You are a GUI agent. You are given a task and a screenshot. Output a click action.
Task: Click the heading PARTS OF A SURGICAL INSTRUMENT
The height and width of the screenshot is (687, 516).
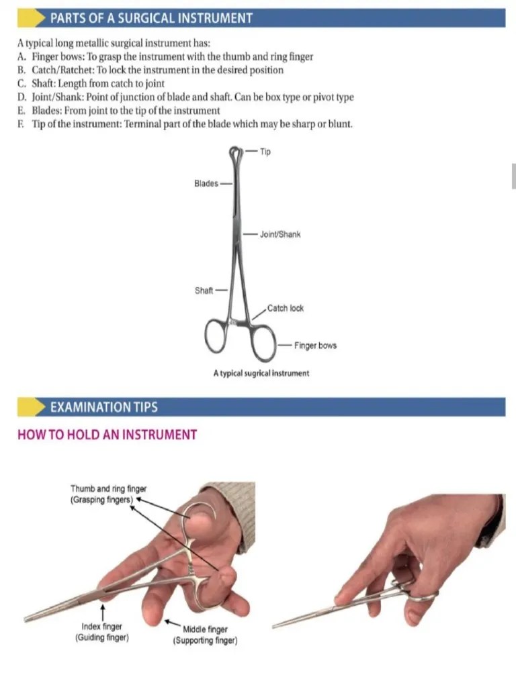click(152, 18)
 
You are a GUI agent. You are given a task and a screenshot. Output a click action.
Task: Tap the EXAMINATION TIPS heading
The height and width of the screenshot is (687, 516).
click(104, 407)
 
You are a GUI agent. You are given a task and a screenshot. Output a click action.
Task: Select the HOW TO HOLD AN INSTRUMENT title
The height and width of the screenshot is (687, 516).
click(107, 435)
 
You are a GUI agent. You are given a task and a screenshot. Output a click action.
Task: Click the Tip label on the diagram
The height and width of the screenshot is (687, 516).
click(265, 152)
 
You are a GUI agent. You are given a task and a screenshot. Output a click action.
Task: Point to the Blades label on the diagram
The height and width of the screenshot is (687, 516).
click(206, 183)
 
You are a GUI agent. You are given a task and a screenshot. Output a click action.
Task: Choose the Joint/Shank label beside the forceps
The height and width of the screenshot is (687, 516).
click(279, 235)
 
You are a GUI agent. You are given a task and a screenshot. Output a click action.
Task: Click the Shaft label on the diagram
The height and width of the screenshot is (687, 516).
click(204, 290)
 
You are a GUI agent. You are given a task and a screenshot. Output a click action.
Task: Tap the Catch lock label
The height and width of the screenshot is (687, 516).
click(285, 309)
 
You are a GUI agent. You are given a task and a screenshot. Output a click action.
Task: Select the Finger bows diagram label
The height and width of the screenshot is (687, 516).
click(314, 346)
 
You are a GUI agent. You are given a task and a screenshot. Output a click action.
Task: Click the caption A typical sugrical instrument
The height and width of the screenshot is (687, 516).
click(261, 373)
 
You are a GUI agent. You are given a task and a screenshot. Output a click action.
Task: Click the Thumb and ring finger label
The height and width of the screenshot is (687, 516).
click(108, 494)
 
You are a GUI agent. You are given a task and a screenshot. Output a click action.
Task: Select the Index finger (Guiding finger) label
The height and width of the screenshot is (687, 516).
click(102, 632)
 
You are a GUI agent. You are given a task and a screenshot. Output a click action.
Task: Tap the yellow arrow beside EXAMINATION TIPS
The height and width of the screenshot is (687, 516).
click(30, 407)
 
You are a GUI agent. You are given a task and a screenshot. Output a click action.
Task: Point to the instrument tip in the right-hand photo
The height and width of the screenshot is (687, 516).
click(275, 626)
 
